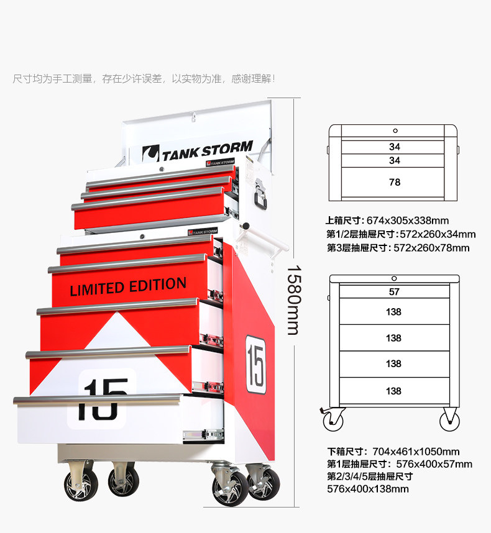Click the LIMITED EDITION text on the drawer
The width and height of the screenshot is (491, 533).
pos(128,287)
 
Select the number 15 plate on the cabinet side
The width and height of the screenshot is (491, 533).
pos(256,365)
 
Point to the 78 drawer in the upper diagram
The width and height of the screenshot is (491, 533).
pos(394,182)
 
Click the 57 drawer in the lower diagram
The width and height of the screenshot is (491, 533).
pos(394,291)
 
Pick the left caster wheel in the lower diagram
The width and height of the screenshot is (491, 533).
pos(333,421)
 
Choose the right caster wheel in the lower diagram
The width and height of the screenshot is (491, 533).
pos(449,421)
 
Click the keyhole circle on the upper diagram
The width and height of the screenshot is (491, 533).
pos(395,131)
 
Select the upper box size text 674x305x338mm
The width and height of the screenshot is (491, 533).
pos(407,221)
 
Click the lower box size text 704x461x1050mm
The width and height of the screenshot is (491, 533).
pos(416,452)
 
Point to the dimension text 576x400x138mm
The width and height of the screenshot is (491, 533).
pos(368,489)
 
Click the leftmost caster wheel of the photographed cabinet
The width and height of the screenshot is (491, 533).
pos(81,485)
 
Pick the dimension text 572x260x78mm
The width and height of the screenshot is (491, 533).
pos(433,248)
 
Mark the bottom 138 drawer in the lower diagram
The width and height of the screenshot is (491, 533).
pos(394,391)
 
